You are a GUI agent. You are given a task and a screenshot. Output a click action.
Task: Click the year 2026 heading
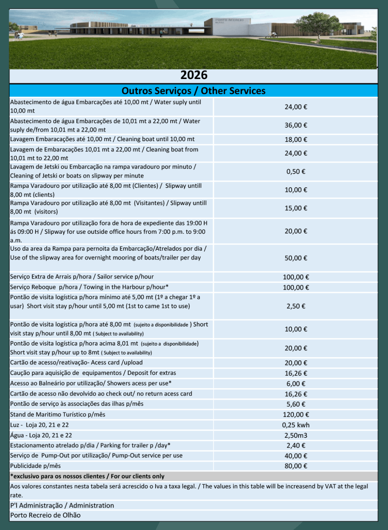pyautogui.click(x=194, y=75)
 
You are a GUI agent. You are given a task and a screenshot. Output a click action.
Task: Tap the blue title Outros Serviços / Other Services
pyautogui.click(x=193, y=91)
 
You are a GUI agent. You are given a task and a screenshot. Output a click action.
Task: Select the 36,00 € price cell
pyautogui.click(x=296, y=125)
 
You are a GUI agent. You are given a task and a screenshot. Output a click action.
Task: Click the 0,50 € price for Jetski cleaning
pyautogui.click(x=296, y=172)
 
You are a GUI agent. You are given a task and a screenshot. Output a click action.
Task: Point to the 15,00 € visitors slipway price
pyautogui.click(x=296, y=208)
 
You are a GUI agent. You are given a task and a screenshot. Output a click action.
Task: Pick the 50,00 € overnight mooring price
pyautogui.click(x=296, y=258)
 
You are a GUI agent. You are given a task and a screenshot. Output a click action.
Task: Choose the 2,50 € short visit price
pyautogui.click(x=296, y=306)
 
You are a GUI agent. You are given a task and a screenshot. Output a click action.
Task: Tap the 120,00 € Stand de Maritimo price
pyautogui.click(x=296, y=415)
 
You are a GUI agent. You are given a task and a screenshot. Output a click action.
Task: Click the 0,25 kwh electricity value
pyautogui.click(x=296, y=425)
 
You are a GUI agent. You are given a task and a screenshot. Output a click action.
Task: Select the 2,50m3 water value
pyautogui.click(x=296, y=436)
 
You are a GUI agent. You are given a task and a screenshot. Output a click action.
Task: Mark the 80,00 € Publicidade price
pyautogui.click(x=296, y=466)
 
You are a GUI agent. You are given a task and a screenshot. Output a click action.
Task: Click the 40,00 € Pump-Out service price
pyautogui.click(x=296, y=456)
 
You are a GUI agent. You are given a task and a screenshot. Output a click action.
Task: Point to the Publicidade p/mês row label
pyautogui.click(x=36, y=466)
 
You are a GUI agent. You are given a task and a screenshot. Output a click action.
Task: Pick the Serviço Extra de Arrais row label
pyautogui.click(x=82, y=277)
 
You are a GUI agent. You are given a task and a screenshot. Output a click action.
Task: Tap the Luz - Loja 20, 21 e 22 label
pyautogui.click(x=39, y=425)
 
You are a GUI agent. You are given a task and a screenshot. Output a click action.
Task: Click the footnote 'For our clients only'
pyautogui.click(x=138, y=476)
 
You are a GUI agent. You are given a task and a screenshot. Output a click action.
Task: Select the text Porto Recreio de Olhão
pyautogui.click(x=45, y=515)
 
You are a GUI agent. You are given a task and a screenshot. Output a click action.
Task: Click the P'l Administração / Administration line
pyautogui.click(x=62, y=506)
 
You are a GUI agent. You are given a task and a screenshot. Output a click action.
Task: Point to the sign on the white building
pyautogui.click(x=229, y=21)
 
